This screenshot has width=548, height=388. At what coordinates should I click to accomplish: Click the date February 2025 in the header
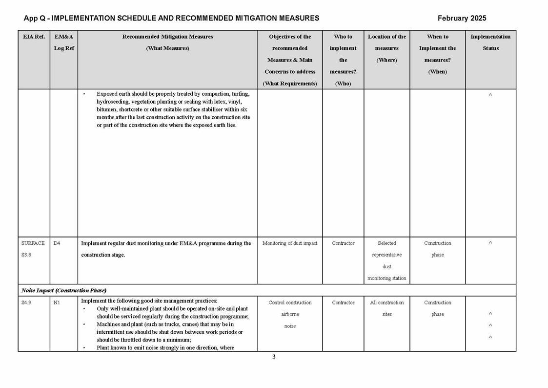[x=462, y=19]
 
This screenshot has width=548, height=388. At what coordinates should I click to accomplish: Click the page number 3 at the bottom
[x=274, y=357]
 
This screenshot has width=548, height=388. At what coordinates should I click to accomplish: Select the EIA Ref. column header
[x=34, y=37]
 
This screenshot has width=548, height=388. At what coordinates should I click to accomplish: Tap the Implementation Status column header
[x=490, y=42]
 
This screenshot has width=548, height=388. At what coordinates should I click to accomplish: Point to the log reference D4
[x=57, y=243]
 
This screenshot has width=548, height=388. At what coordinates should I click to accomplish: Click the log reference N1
[x=57, y=302]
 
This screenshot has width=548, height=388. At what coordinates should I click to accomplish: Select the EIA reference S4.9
[x=27, y=302]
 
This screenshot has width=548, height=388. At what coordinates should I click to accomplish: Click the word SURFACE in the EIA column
[x=33, y=243]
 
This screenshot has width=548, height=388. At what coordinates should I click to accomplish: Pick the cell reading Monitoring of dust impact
[x=290, y=243]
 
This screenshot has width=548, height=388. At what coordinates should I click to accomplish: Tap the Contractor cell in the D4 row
[x=343, y=243]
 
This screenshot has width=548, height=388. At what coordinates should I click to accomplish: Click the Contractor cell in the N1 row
[x=343, y=302]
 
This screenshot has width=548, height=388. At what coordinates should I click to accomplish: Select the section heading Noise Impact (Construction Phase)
[x=64, y=290]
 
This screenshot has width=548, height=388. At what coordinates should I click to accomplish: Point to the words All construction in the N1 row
[x=386, y=302]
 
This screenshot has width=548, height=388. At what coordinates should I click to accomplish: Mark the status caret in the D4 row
[x=490, y=243]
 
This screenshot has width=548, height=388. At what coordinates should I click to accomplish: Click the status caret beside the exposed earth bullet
[x=490, y=95]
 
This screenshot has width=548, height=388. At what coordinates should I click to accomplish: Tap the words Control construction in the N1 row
[x=290, y=302]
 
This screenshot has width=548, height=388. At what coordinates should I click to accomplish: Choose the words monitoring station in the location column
[x=386, y=279]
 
